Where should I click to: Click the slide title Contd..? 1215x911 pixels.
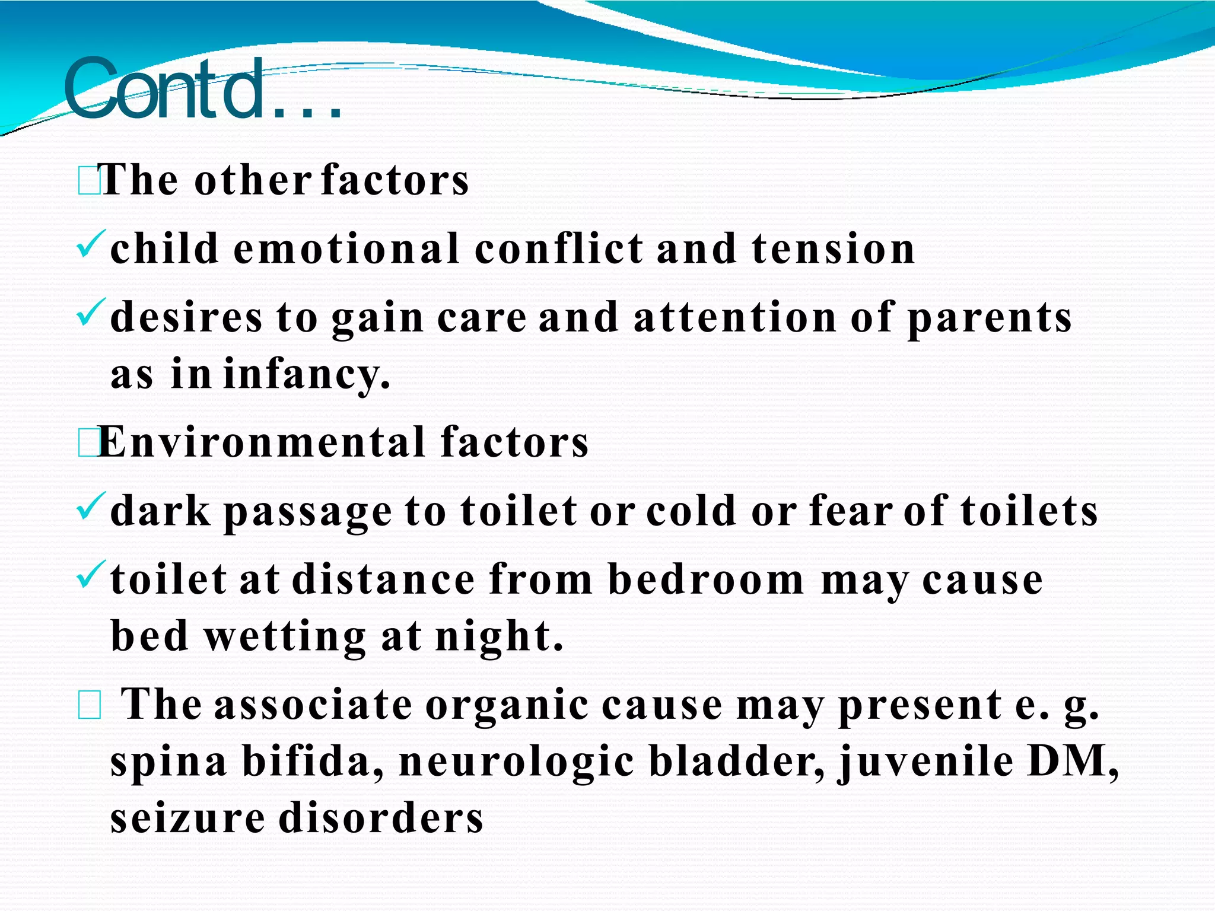[x=202, y=89]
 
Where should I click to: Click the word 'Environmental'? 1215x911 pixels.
[x=261, y=442]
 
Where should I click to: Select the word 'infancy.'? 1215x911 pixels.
[x=307, y=375]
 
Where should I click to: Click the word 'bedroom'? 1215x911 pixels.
[x=706, y=579]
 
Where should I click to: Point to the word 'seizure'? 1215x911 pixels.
[x=187, y=818]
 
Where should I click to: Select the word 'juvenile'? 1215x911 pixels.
[x=925, y=762]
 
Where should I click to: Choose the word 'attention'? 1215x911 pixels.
[x=735, y=317]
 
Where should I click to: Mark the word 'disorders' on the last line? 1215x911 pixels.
[x=381, y=818]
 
